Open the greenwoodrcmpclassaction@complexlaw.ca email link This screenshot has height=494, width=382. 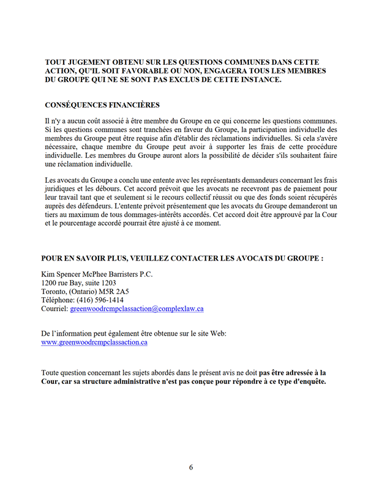pyautogui.click(x=137, y=309)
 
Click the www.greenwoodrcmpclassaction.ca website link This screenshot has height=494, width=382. pyautogui.click(x=94, y=342)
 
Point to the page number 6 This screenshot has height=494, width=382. pyautogui.click(x=191, y=467)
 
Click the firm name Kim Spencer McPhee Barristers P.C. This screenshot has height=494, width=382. pyautogui.click(x=97, y=274)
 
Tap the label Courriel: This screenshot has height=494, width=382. pyautogui.click(x=54, y=309)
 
